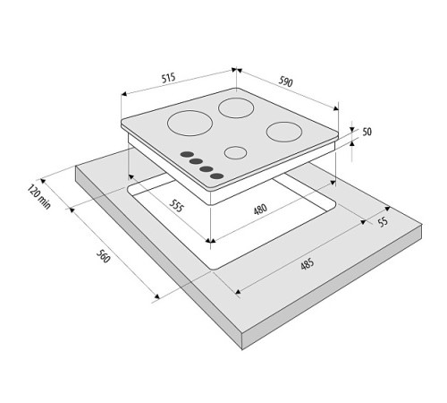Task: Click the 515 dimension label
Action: [168, 78]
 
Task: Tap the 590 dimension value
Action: [286, 81]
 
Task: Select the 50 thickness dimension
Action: [367, 132]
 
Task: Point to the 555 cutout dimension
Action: [176, 205]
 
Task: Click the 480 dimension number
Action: [260, 209]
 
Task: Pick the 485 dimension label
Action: [308, 264]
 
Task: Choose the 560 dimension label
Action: [104, 256]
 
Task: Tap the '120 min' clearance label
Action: [39, 197]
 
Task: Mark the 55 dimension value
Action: [383, 222]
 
